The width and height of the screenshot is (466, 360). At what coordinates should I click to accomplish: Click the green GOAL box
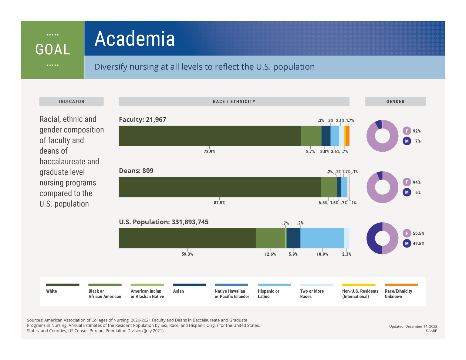point(52,50)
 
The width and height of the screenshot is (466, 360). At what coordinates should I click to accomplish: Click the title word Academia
point(135,39)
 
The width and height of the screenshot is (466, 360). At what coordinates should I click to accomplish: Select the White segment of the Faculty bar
point(209,136)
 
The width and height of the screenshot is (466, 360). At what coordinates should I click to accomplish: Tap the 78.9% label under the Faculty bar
point(209,152)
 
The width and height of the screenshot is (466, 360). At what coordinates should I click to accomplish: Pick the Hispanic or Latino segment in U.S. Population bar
point(322,238)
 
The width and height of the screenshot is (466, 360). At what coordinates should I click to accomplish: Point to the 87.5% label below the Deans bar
point(219,203)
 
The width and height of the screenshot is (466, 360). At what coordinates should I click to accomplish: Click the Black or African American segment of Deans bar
point(329,187)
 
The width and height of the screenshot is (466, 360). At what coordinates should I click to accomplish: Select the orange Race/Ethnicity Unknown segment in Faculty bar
point(348,136)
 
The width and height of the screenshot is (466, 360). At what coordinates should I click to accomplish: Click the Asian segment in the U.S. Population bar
point(293,238)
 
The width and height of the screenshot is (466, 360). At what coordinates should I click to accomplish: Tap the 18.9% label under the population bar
point(322,254)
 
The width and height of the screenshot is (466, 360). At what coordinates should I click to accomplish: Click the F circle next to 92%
point(407,131)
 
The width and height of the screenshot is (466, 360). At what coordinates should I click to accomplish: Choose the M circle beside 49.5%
point(407,244)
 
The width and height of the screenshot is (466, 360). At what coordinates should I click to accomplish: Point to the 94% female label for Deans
point(417,182)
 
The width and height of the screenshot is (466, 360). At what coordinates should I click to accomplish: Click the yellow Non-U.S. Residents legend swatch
point(359,285)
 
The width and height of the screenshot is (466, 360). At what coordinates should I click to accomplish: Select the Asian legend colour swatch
point(190,285)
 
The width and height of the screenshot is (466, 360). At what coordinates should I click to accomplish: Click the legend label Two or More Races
point(312,294)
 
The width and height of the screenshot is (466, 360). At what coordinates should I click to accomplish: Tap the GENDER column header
point(395,102)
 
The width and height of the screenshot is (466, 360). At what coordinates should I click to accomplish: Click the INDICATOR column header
point(72,102)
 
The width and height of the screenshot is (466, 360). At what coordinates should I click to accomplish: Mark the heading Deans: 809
point(136,171)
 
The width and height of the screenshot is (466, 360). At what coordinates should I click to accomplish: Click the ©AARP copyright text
point(431,331)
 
